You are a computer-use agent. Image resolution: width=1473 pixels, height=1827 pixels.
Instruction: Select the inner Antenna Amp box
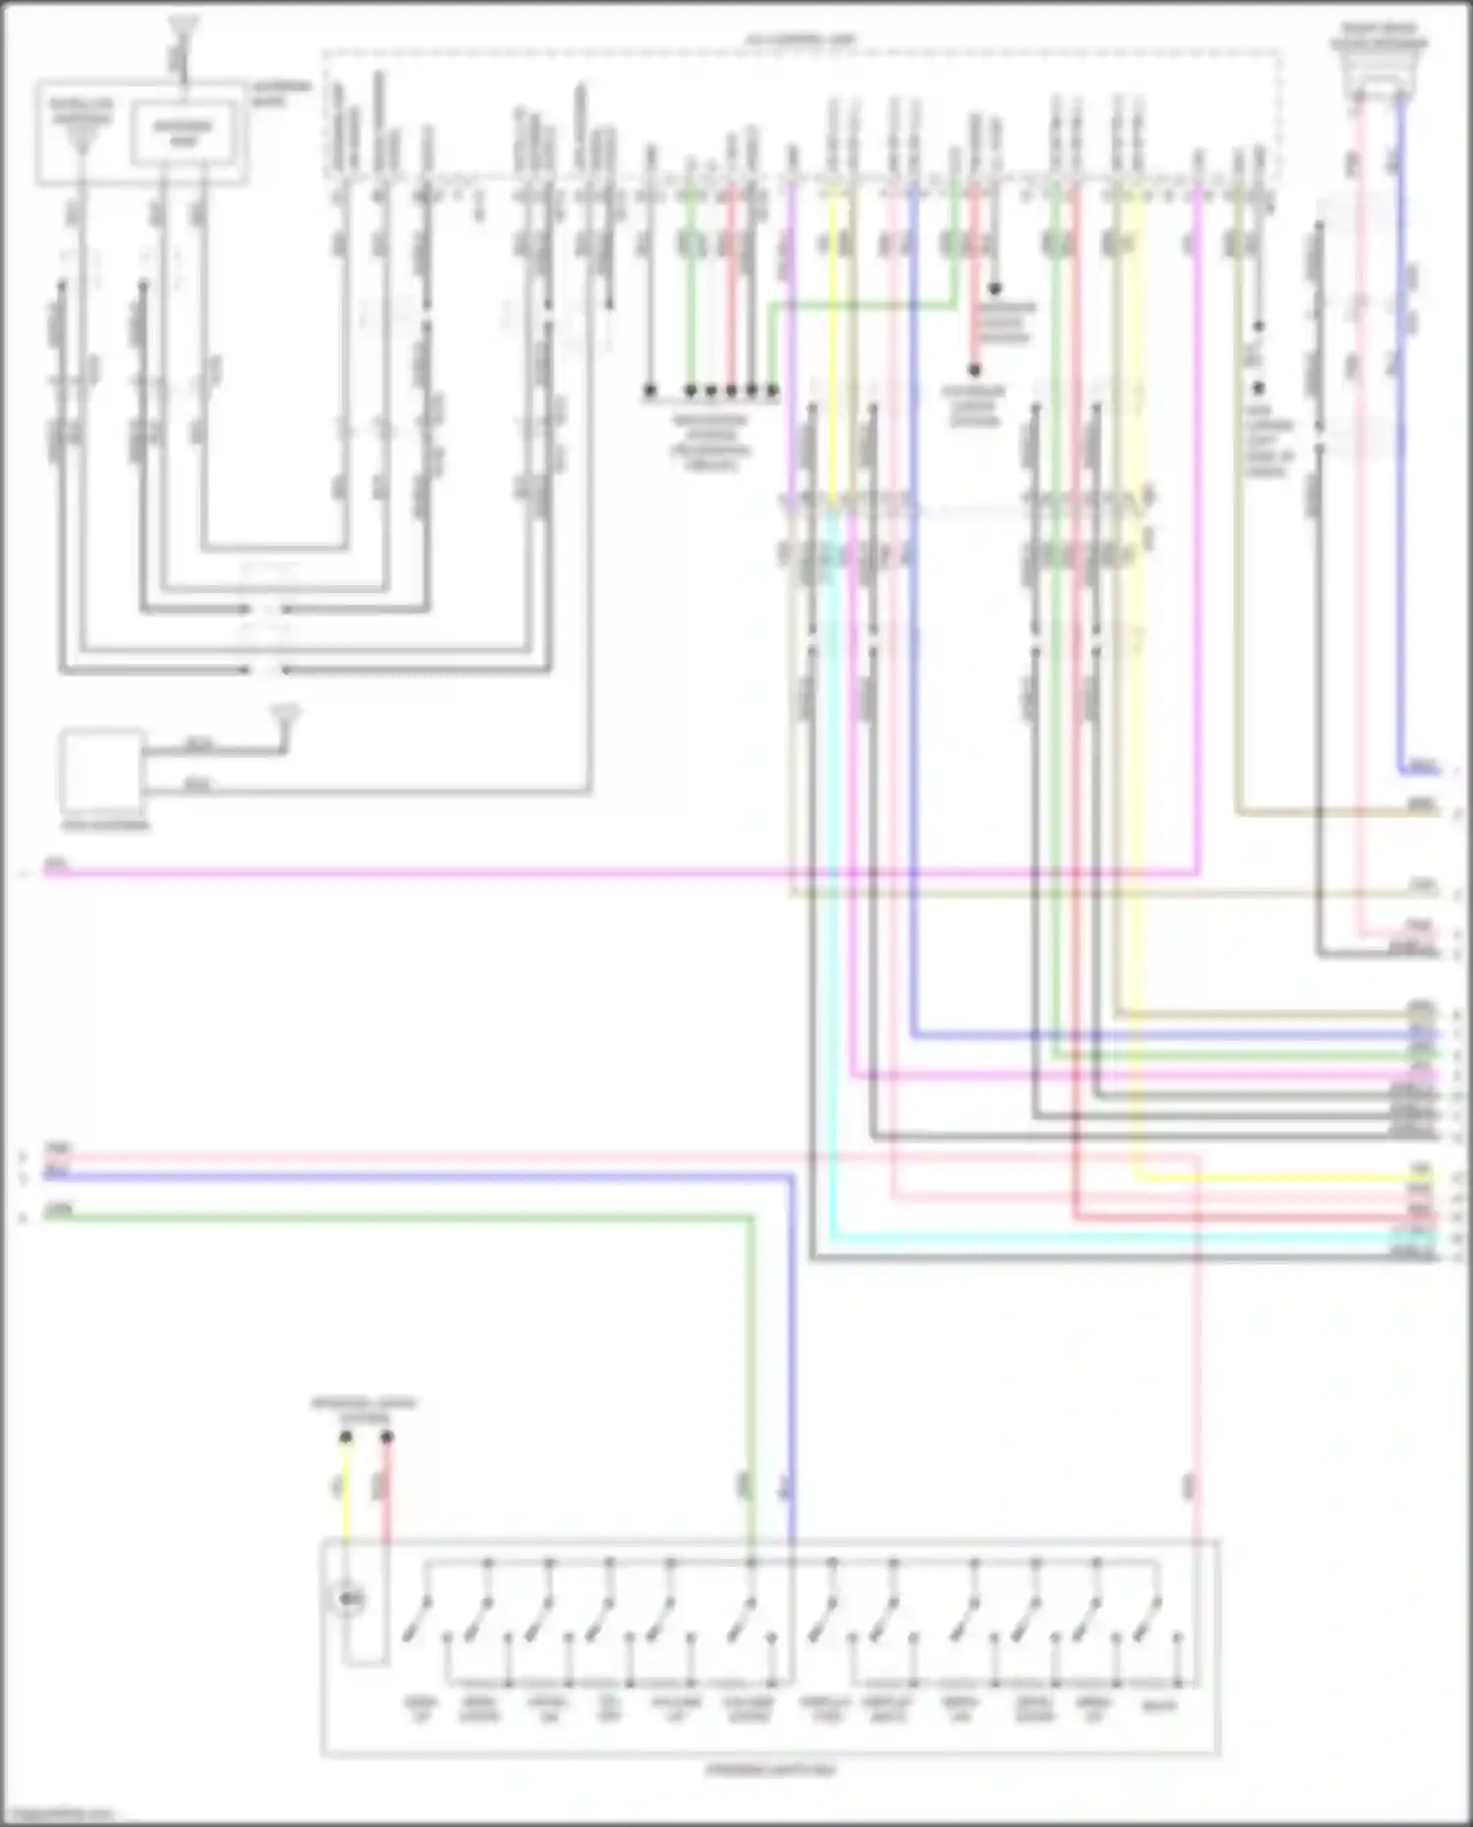click(x=184, y=134)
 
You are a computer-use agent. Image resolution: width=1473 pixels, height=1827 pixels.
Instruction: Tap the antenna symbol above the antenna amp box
click(x=183, y=29)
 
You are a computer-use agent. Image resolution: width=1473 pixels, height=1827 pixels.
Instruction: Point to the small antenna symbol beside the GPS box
click(x=286, y=720)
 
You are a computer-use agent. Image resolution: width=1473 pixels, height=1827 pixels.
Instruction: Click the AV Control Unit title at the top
click(x=800, y=40)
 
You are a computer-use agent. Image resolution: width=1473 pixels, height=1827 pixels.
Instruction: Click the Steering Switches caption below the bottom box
click(x=771, y=1770)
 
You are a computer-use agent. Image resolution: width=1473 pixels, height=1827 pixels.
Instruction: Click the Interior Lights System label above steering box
click(x=364, y=1410)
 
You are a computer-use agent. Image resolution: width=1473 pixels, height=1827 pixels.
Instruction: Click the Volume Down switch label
click(x=747, y=1709)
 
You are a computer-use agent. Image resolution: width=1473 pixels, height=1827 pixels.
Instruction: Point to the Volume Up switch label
click(x=677, y=1709)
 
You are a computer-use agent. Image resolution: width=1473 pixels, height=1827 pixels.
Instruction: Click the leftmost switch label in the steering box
click(x=419, y=1709)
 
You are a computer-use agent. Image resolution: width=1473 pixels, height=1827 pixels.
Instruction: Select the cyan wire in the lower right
click(x=1080, y=1239)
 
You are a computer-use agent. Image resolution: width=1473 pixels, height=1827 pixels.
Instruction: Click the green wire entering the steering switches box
click(x=752, y=1374)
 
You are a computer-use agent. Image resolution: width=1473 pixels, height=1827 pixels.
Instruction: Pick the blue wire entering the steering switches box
click(x=791, y=1374)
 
